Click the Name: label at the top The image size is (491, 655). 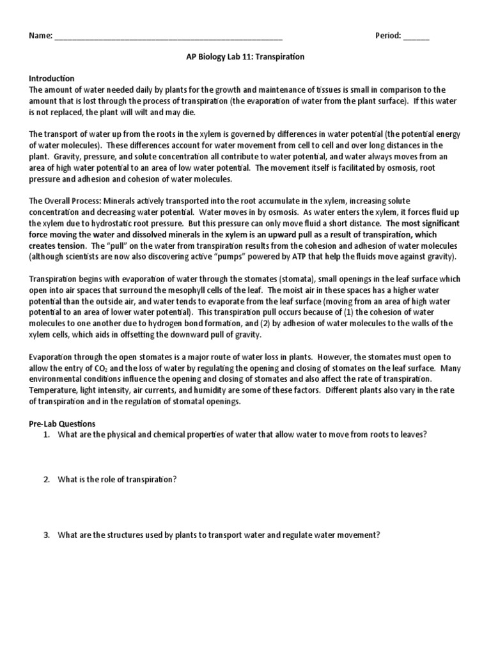tap(40, 36)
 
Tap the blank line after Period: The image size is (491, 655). tap(416, 37)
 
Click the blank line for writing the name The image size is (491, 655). tap(169, 37)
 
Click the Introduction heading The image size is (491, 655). tap(52, 79)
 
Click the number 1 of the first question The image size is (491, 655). tap(47, 434)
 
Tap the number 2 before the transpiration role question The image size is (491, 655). tap(47, 480)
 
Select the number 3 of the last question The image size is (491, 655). tap(47, 535)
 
